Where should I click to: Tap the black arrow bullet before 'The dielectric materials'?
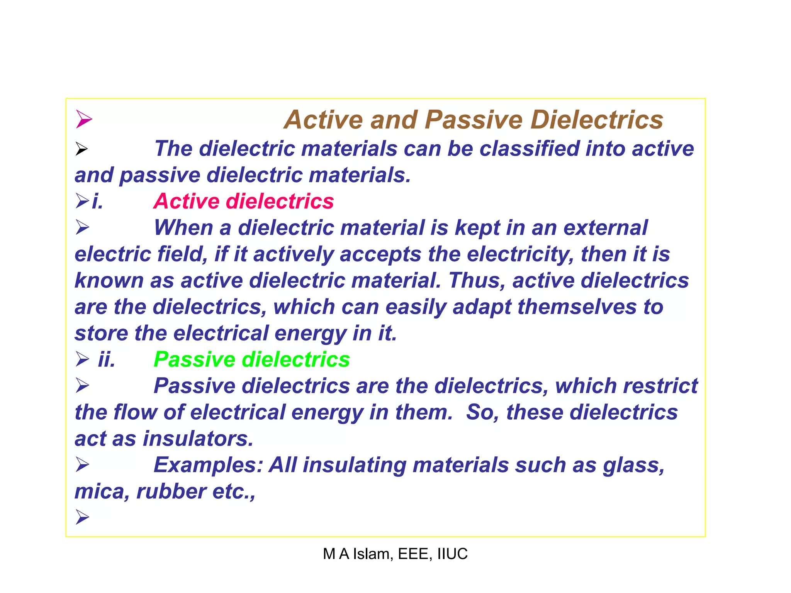(81, 149)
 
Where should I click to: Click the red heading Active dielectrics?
(244, 202)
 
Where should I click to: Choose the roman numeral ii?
(107, 360)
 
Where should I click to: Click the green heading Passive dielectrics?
(252, 360)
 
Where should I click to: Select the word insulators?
(198, 439)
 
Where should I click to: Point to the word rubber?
(171, 491)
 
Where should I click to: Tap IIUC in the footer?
(452, 554)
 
